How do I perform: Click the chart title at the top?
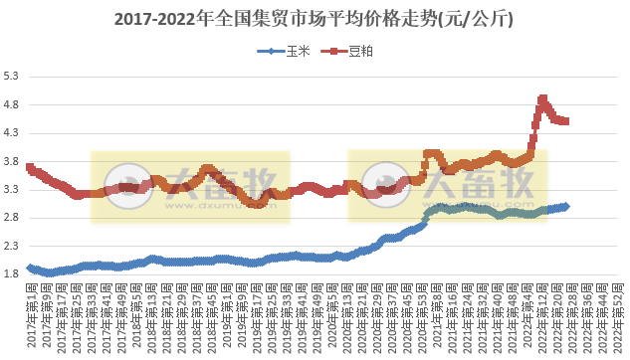point(315,19)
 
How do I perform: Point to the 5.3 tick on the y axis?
point(13,76)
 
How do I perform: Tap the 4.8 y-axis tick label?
point(13,103)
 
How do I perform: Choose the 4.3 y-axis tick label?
point(13,132)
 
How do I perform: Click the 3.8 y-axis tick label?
point(13,160)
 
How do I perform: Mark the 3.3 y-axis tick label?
point(13,188)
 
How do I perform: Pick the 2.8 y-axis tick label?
point(13,217)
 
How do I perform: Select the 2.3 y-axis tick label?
point(13,245)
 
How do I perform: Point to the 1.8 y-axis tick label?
point(13,273)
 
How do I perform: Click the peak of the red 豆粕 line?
point(542,98)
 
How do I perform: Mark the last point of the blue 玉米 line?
point(566,206)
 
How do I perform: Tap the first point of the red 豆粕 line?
point(30,167)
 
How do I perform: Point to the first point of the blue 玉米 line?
point(30,268)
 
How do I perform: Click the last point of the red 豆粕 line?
point(565,121)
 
